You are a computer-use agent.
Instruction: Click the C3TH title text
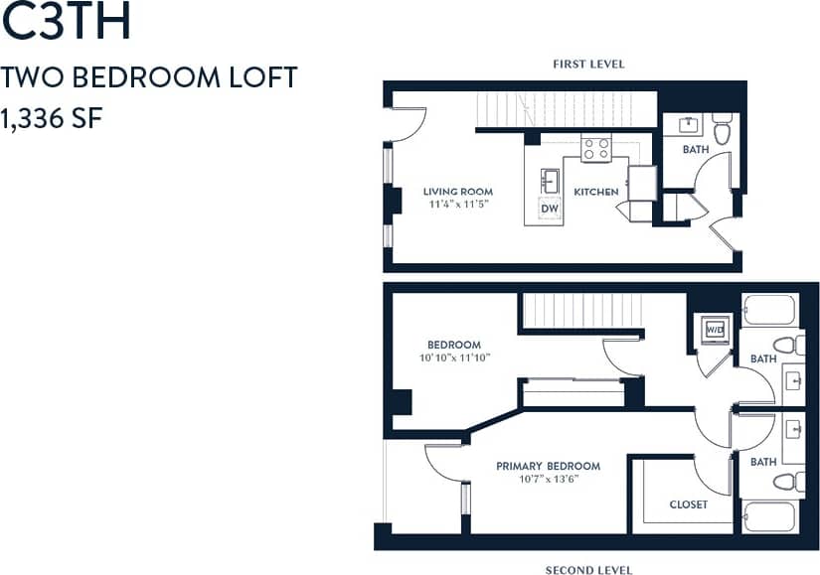67,25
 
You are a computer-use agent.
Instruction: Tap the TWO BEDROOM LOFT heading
149,77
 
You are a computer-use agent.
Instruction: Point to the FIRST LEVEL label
588,64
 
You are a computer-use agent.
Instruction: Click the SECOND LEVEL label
588,570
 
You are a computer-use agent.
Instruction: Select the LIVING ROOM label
457,192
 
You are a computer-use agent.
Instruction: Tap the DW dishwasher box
549,209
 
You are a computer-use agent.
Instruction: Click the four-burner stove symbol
596,149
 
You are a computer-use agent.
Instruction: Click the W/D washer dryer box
714,329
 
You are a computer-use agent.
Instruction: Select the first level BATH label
696,150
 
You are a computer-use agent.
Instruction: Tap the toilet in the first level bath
723,129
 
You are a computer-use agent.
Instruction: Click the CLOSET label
688,504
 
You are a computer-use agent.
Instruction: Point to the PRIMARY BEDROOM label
548,466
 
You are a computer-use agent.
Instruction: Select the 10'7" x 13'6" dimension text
548,479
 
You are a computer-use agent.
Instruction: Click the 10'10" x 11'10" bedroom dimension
453,358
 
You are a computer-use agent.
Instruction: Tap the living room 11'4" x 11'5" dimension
457,205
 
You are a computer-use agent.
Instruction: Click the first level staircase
567,109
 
